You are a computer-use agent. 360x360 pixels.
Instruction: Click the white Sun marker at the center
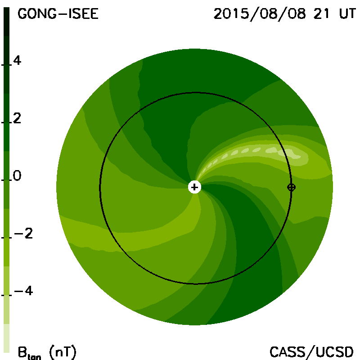(x=194, y=187)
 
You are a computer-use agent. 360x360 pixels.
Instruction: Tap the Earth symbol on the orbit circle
(x=291, y=187)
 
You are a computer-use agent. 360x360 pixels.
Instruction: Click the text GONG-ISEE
(x=58, y=14)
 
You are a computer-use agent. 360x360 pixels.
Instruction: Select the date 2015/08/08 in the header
(x=260, y=14)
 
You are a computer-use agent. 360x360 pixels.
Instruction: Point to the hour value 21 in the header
(x=321, y=14)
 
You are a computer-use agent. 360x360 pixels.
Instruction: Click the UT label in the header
(x=347, y=14)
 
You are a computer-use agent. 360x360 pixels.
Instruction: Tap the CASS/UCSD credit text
(x=311, y=352)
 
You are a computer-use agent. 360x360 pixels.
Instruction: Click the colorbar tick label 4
(x=17, y=61)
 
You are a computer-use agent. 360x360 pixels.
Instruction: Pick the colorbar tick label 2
(x=17, y=118)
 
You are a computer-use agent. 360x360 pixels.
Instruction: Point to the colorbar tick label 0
(x=17, y=176)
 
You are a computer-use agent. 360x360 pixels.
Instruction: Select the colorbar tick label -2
(x=23, y=234)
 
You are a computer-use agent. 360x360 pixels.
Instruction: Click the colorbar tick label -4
(x=23, y=291)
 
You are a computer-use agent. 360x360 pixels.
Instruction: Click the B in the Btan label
(x=22, y=352)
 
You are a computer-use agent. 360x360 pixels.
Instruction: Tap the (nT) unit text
(x=63, y=352)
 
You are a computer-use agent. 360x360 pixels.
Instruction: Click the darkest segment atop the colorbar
(x=6, y=22)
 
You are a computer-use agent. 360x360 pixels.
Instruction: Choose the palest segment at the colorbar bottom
(x=6, y=338)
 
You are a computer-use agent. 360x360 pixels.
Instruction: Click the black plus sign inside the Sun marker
(x=194, y=187)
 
